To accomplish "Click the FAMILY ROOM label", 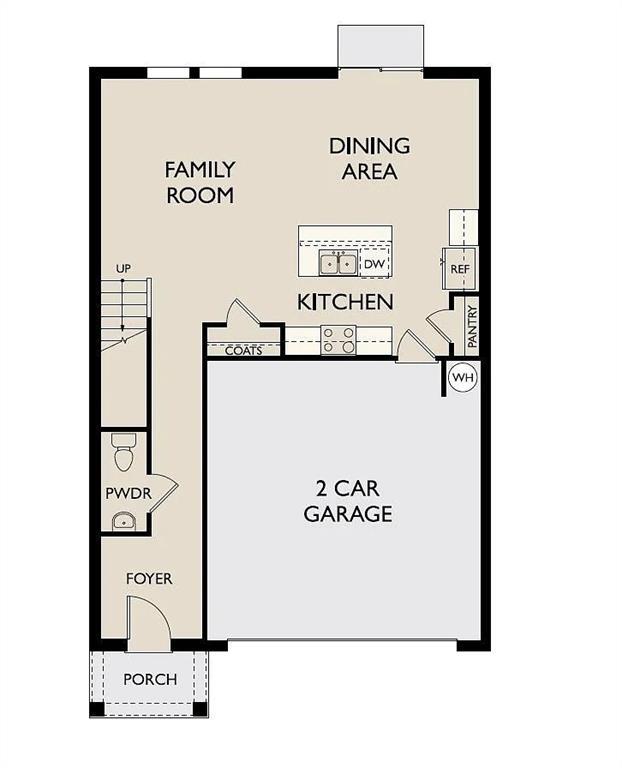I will point(200,182).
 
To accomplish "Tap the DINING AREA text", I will point(369,159).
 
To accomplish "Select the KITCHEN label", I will point(344,301).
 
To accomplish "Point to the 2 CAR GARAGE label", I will point(348,502).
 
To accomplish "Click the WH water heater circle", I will point(462,378).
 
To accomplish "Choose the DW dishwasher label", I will point(374,264).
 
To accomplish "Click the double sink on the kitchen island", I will point(339,263).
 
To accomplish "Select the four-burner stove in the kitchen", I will point(338,340).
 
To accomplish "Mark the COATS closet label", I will point(244,351).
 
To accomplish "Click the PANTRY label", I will point(472,326).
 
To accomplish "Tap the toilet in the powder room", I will point(124,453).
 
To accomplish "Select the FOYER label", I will point(148,579).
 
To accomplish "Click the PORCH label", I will point(150,679).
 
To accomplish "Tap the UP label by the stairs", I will point(123,269).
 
